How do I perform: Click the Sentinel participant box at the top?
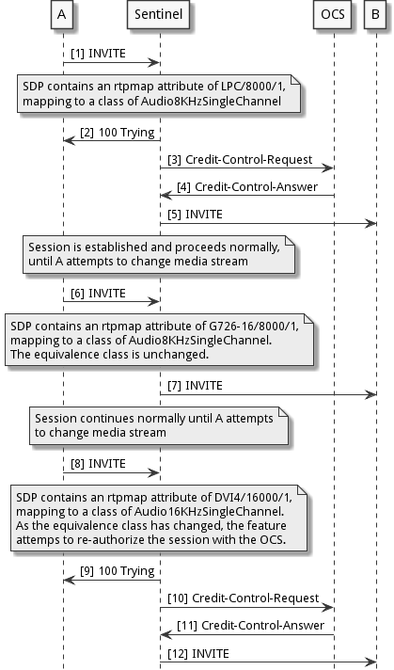click(159, 15)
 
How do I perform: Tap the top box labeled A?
click(62, 15)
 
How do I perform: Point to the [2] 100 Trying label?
click(118, 133)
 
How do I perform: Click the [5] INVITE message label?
click(197, 215)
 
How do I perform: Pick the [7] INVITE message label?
click(197, 385)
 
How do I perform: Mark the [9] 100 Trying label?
click(118, 569)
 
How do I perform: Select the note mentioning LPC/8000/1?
click(161, 93)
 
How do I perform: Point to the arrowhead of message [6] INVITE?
click(155, 300)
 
